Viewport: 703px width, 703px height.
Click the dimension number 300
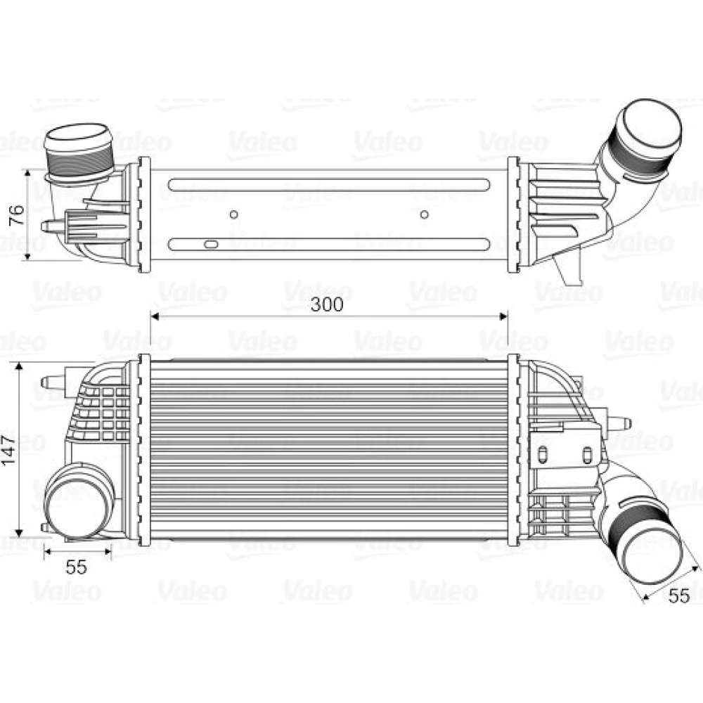328,304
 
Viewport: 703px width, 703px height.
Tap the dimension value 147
8,450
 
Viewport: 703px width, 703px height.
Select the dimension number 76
16,214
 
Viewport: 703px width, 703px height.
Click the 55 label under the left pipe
76,567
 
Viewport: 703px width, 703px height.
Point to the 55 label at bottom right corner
679,596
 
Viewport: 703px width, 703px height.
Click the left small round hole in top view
233,214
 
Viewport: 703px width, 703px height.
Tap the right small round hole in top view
424,214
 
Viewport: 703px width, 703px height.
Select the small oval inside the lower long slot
211,245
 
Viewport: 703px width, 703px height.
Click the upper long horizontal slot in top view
329,185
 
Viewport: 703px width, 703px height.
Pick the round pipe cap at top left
77,138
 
